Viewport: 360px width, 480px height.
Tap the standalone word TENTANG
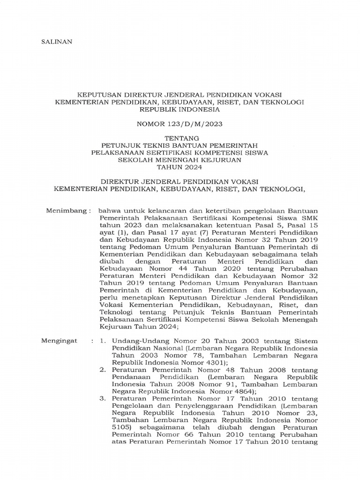tap(180, 138)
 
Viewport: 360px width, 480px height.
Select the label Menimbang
tap(67, 211)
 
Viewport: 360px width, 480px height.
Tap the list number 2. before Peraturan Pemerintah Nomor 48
tap(103, 370)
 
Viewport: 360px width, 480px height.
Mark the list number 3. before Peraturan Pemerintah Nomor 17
tap(103, 398)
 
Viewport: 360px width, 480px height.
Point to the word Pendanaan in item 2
tap(130, 377)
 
